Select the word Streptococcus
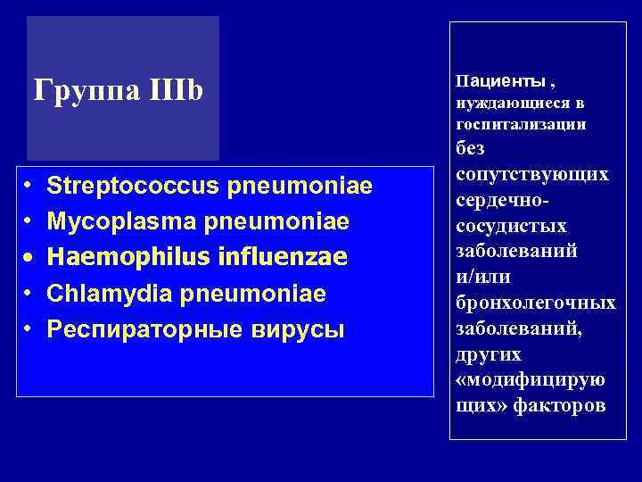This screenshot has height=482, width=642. [x=134, y=186]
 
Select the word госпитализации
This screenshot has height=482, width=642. [x=521, y=124]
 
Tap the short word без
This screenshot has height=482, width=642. [x=470, y=148]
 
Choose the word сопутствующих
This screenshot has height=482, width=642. [x=531, y=174]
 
